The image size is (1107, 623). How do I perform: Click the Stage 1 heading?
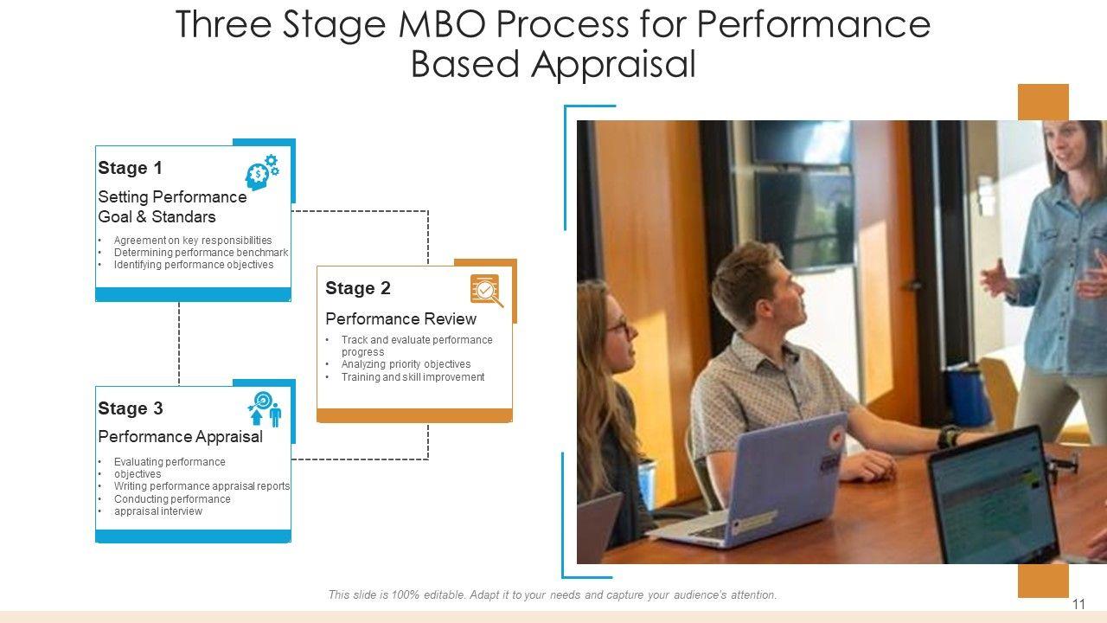(x=130, y=168)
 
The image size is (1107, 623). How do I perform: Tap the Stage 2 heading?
(x=358, y=288)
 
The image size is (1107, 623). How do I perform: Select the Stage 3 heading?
(x=131, y=408)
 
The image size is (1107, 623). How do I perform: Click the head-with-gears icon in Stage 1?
(x=262, y=172)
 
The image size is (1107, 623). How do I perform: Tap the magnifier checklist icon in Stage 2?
(x=487, y=291)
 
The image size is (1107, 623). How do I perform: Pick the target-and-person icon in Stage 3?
(x=265, y=409)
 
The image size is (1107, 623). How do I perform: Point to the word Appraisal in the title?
(x=613, y=64)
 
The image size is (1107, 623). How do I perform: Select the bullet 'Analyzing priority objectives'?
(x=406, y=364)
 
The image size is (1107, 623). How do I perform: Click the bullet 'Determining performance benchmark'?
(x=201, y=253)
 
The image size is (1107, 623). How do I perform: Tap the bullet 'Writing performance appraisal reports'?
(x=202, y=486)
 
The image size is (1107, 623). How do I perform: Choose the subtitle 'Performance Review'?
(x=400, y=319)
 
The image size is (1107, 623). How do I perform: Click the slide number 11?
(x=1078, y=604)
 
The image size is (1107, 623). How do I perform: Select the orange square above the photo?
(x=1043, y=102)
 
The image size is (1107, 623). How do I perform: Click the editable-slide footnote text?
(x=553, y=594)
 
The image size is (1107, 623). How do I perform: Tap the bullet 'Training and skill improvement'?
(x=413, y=377)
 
